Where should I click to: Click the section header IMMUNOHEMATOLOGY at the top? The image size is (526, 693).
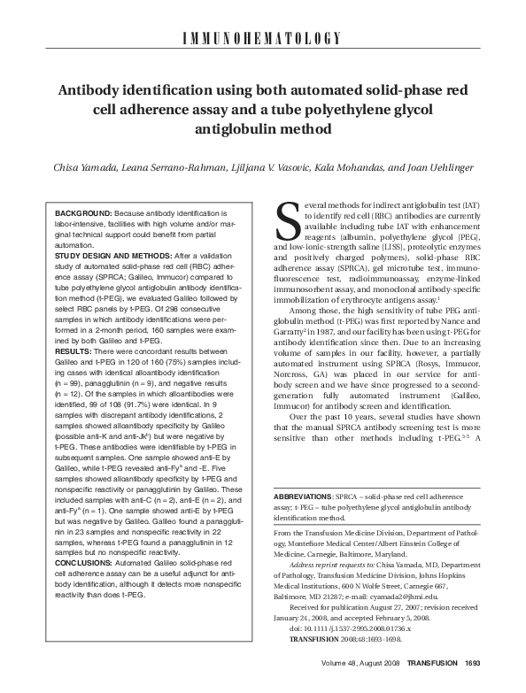coord(262,39)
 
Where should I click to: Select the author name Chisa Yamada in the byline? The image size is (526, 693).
coord(76,166)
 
